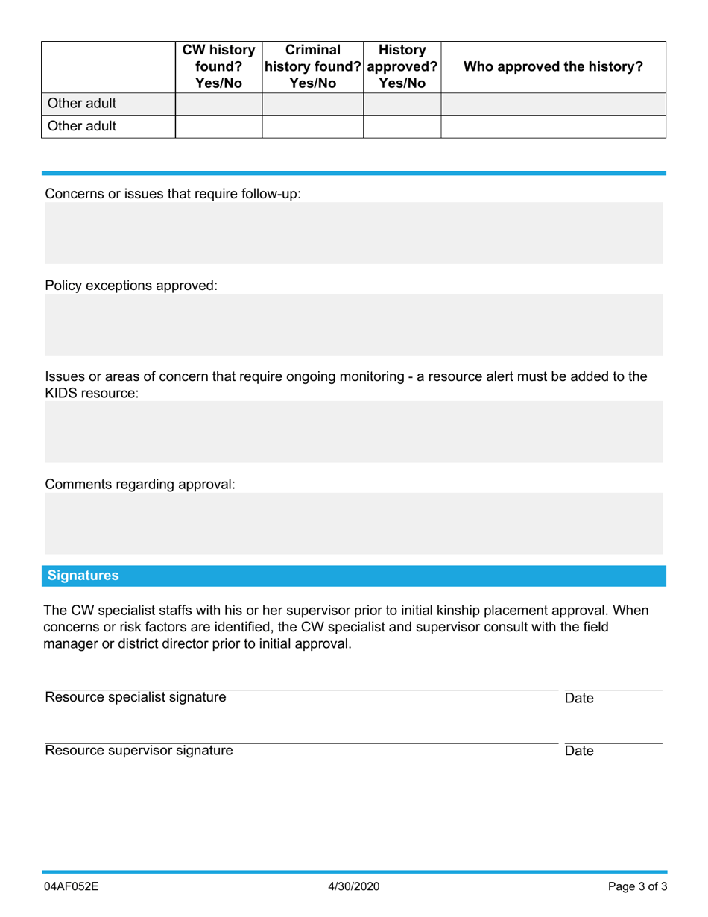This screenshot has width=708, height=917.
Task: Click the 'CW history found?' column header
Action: click(x=218, y=66)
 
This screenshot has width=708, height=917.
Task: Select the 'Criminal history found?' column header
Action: click(x=312, y=66)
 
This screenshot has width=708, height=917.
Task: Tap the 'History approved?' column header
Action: click(x=402, y=66)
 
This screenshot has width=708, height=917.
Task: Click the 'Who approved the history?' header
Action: click(x=553, y=66)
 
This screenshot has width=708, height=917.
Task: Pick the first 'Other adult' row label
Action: click(x=82, y=104)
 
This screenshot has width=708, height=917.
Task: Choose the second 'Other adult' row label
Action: click(x=82, y=126)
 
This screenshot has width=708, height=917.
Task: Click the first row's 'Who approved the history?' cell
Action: click(x=553, y=104)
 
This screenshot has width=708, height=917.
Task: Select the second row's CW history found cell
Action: click(x=218, y=126)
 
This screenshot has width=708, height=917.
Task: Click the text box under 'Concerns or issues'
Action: click(x=353, y=233)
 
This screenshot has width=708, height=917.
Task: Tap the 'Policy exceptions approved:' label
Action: click(x=131, y=286)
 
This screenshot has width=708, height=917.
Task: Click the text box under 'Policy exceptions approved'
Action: click(x=353, y=324)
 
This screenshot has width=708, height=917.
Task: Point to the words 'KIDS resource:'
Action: click(x=92, y=393)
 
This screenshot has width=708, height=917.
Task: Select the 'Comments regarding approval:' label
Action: click(x=140, y=485)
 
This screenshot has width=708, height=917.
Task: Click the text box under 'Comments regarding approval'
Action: click(x=353, y=523)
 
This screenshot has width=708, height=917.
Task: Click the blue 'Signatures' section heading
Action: click(x=83, y=576)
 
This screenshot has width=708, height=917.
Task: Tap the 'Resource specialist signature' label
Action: click(x=136, y=698)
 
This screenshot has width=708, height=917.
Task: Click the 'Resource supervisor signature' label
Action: click(x=139, y=751)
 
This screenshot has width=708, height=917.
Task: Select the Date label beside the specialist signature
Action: click(x=579, y=699)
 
